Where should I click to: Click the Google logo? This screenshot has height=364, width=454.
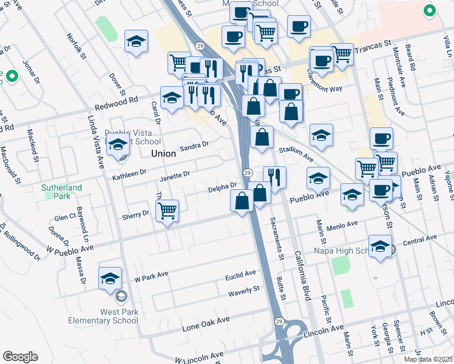click(x=20, y=357)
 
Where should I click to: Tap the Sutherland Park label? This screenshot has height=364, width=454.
click(x=61, y=192)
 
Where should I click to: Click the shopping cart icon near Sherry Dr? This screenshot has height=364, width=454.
click(x=167, y=211)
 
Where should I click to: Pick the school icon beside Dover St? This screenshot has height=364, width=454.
click(x=136, y=41)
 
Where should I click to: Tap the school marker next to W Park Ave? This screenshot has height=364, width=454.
click(x=110, y=277)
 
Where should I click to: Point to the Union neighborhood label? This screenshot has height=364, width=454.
click(x=163, y=154)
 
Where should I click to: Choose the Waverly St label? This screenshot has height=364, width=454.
click(x=244, y=292)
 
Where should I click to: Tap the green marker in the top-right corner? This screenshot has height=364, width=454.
click(x=430, y=11)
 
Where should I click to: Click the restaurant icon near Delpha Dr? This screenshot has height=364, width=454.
click(x=274, y=177)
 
